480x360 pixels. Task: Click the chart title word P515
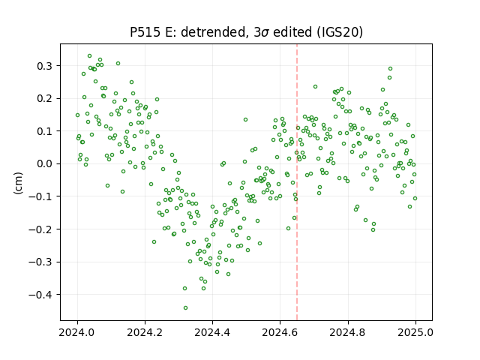pyautogui.click(x=145, y=32)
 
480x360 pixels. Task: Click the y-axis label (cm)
pyautogui.click(x=18, y=183)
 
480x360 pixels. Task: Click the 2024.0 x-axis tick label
pyautogui.click(x=77, y=332)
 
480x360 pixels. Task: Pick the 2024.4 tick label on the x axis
pyautogui.click(x=212, y=332)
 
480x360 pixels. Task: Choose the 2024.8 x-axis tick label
pyautogui.click(x=347, y=332)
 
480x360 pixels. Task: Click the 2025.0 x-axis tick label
pyautogui.click(x=415, y=332)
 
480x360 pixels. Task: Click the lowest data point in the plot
pyautogui.click(x=185, y=308)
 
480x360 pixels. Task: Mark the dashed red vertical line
pyautogui.click(x=297, y=182)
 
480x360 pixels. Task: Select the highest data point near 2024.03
pyautogui.click(x=90, y=56)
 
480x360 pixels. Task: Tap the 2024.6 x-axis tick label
pyautogui.click(x=280, y=332)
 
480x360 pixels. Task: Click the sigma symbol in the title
pyautogui.click(x=265, y=33)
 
